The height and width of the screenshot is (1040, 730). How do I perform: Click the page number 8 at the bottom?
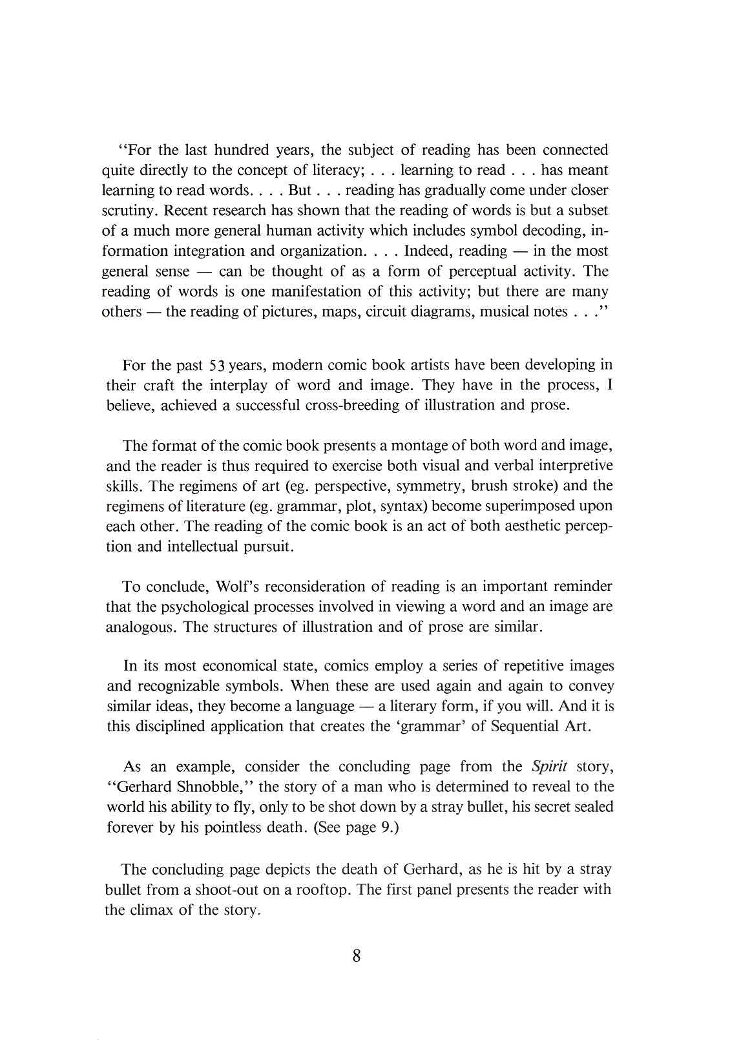(357, 956)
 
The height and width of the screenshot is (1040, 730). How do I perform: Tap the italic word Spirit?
(549, 767)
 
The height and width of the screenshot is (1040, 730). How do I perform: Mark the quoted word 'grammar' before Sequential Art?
(432, 727)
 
